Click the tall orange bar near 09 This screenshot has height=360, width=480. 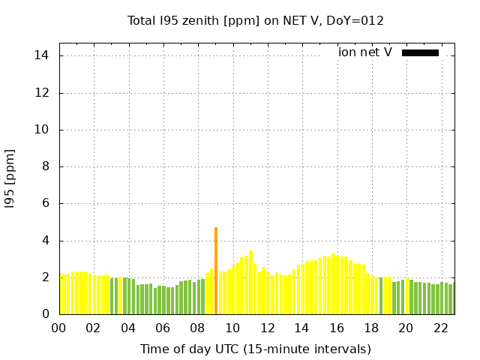216,271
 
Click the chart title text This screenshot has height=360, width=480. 255,20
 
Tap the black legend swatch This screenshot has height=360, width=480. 420,52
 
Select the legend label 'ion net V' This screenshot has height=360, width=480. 365,52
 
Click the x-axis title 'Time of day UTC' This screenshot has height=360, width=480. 255,349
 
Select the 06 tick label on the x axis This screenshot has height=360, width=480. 163,328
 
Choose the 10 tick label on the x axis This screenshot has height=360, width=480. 232,328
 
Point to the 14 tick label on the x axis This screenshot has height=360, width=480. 301,328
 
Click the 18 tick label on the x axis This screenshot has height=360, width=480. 371,328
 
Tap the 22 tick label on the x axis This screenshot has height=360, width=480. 441,328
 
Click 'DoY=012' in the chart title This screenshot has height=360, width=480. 357,20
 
